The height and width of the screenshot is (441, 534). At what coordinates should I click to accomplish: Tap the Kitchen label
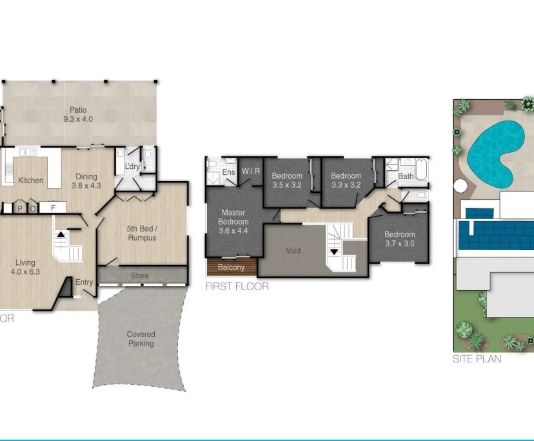tap(30, 181)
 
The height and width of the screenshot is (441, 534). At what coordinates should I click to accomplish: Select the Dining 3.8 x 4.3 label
tap(86, 181)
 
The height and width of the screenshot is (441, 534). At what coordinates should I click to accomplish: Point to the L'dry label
tap(132, 167)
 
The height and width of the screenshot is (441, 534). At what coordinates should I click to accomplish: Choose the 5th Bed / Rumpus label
tap(141, 233)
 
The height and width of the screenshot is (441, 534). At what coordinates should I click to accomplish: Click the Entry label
tap(84, 282)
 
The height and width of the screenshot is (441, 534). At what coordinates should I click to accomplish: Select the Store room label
tap(140, 276)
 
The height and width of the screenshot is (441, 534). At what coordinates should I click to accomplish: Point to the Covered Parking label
tap(141, 339)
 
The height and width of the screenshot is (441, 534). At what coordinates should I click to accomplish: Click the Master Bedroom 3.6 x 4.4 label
tap(233, 221)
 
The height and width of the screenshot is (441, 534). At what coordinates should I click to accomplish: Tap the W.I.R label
tap(250, 171)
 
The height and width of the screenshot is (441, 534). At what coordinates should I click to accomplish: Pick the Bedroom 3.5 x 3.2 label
tap(287, 181)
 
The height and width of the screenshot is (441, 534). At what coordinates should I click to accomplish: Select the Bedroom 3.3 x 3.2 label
tap(346, 181)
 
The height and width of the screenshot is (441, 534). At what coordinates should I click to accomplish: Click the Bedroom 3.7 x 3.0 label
tap(400, 239)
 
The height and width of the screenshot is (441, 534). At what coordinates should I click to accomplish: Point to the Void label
tap(293, 250)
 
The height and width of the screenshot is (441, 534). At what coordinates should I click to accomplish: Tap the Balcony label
tap(232, 267)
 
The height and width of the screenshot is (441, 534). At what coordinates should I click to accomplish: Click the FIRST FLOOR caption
tap(237, 286)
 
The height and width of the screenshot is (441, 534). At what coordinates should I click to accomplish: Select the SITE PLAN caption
tap(477, 359)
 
